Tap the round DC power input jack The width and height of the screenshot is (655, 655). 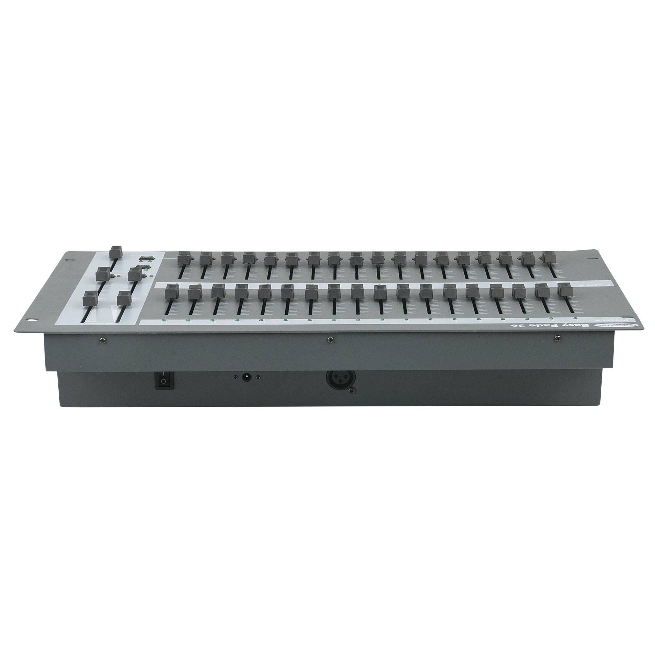click(x=246, y=377)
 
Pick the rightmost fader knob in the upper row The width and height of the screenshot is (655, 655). click(x=549, y=258)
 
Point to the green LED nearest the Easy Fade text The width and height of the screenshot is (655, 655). click(x=576, y=318)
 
